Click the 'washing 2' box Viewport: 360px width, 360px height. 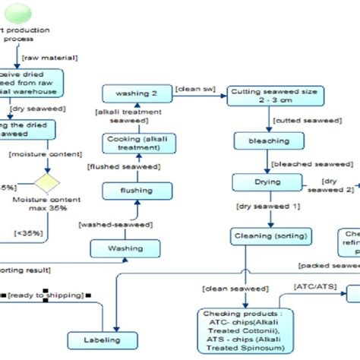click(133, 94)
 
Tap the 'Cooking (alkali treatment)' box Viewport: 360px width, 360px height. click(133, 144)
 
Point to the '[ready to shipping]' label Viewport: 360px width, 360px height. click(46, 295)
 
